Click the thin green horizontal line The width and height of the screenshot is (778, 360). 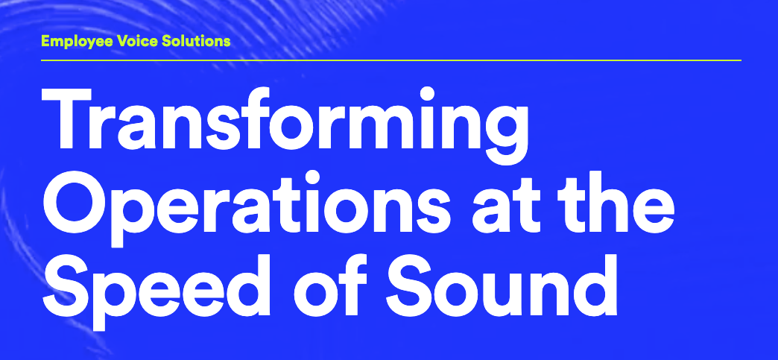pyautogui.click(x=391, y=60)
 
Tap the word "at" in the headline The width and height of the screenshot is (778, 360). pyautogui.click(x=505, y=206)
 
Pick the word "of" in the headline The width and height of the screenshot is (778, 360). pyautogui.click(x=331, y=285)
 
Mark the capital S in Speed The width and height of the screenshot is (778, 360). pyautogui.click(x=66, y=286)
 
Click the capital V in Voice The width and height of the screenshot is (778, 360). pyautogui.click(x=123, y=41)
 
